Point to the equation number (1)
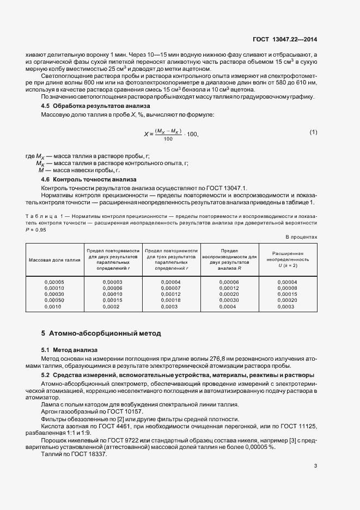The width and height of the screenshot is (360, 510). click(x=313, y=132)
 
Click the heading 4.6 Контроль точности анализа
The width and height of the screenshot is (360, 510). click(x=81, y=179)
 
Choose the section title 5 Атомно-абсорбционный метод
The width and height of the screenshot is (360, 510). click(x=101, y=333)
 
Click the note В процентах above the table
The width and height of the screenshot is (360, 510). click(x=301, y=237)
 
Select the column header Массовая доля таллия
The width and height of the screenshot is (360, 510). click(x=54, y=260)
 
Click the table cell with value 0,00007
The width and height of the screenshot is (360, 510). click(x=171, y=288)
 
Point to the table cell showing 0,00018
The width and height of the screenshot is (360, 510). click(x=171, y=300)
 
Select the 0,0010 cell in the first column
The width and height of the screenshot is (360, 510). click(x=54, y=306)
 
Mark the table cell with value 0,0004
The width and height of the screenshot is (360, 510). click(x=229, y=306)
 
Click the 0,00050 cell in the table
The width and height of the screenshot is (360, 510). click(x=54, y=300)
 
